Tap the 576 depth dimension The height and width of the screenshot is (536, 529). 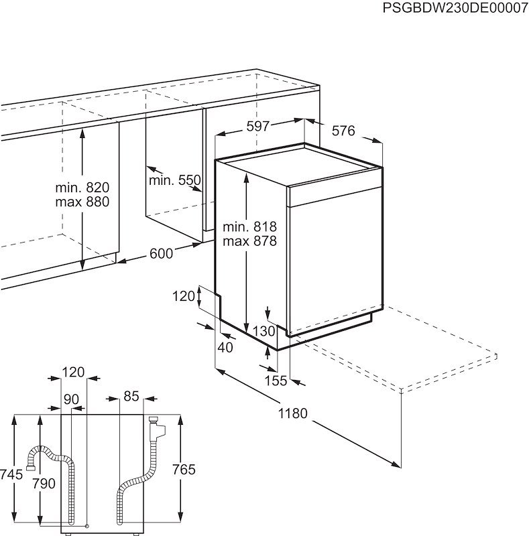[x=343, y=131]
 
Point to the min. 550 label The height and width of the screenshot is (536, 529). [x=174, y=180]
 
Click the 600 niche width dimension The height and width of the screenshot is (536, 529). [x=161, y=253]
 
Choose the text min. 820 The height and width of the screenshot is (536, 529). [x=82, y=188]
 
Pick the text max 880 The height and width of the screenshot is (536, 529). [x=82, y=202]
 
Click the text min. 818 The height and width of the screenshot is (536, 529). [x=250, y=226]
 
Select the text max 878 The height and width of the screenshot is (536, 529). [x=250, y=241]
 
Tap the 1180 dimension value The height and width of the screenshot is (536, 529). [x=293, y=413]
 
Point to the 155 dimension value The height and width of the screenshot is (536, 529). [x=275, y=381]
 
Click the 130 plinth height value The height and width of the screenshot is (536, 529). [x=265, y=330]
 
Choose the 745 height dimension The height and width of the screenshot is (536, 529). [x=11, y=474]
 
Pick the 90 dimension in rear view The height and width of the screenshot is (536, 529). [x=71, y=399]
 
